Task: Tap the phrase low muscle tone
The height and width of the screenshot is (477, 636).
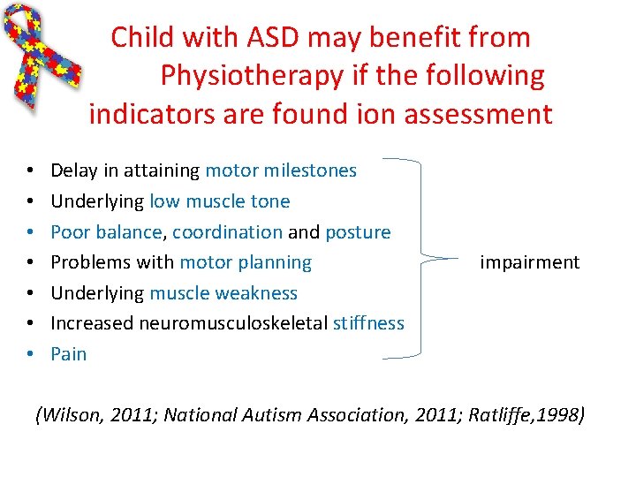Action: click(x=220, y=201)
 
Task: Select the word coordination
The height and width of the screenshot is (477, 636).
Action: click(x=228, y=232)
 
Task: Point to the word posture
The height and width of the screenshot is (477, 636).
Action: click(x=358, y=232)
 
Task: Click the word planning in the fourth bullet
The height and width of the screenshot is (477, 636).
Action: click(x=278, y=262)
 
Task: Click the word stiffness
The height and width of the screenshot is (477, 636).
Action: click(x=368, y=323)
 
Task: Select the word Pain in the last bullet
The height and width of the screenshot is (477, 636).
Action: click(x=69, y=354)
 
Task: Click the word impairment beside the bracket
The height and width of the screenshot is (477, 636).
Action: click(x=529, y=262)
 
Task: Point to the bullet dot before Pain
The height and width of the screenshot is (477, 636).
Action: click(x=30, y=354)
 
